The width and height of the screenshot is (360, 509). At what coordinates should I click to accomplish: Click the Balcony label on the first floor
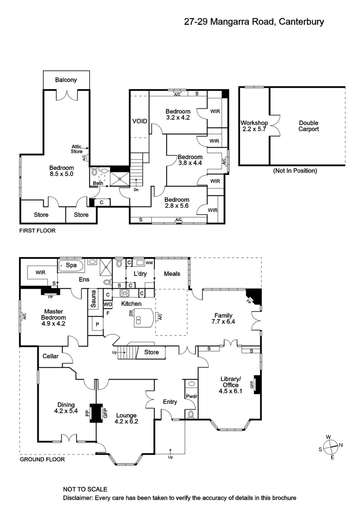[x=66, y=80]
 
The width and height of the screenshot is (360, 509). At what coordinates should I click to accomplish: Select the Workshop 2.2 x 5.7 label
[x=254, y=126]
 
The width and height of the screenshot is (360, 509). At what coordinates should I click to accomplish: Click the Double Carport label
[x=309, y=126]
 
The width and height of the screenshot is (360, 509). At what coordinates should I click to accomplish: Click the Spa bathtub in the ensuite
[x=71, y=265]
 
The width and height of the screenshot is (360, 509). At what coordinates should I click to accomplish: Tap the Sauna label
[x=94, y=299]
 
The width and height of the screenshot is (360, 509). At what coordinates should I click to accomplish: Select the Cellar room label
[x=50, y=356]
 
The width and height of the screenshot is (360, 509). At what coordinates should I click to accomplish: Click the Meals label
[x=172, y=273]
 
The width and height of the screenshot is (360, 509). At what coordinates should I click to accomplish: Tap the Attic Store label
[x=76, y=149]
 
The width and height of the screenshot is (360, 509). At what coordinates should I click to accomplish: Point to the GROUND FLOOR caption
[x=42, y=460]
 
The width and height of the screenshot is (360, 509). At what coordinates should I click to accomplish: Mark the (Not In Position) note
[x=295, y=171]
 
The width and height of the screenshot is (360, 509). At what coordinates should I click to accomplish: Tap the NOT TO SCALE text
[x=85, y=489]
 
